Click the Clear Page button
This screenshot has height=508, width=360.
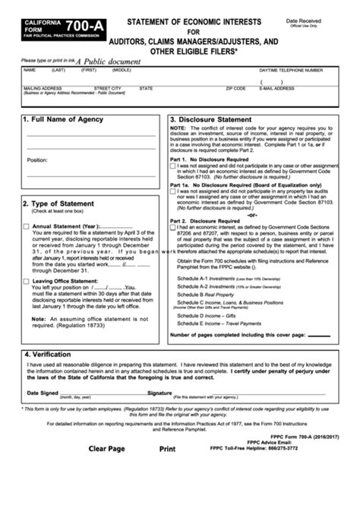106,469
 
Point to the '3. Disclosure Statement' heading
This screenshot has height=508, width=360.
212,119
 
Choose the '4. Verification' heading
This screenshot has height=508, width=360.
49,355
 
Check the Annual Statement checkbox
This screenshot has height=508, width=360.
27,226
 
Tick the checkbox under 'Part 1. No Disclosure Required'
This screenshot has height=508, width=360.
173,166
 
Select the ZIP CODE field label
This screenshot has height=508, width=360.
235,87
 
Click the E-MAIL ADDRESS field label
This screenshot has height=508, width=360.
277,87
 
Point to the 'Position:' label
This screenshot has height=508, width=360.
37,160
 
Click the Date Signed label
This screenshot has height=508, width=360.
43,393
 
